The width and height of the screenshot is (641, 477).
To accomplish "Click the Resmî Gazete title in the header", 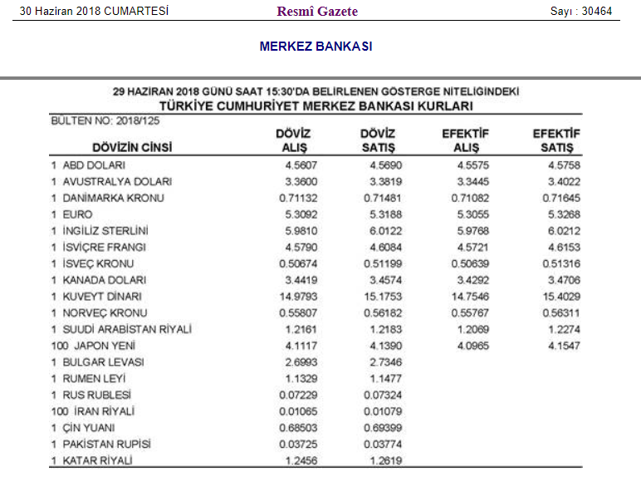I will [x=317, y=12].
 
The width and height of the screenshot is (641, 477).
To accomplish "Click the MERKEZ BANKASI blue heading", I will [x=316, y=46].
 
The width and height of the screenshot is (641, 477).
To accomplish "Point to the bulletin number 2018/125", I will [x=139, y=120].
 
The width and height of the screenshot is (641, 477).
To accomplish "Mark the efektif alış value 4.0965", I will [x=473, y=346].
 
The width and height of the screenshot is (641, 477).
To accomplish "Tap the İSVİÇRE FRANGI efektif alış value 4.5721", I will [x=473, y=248].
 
